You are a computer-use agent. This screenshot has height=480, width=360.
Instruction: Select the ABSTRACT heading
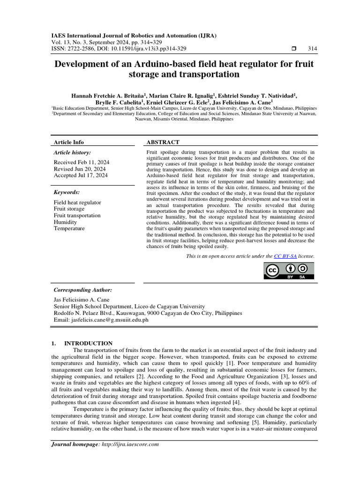point(163,142)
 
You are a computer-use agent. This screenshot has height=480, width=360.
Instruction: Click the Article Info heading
point(69,142)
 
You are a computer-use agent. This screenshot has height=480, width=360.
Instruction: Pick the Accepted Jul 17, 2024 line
point(81,175)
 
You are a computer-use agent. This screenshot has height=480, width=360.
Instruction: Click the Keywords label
point(67,192)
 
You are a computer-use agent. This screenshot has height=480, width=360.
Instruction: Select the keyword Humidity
point(65,222)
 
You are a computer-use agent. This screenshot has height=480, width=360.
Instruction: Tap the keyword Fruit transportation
point(77,216)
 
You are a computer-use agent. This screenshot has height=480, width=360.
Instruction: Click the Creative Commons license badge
point(289,271)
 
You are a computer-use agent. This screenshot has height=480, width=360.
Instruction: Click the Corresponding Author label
point(83,290)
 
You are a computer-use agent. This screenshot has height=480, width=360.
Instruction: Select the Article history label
point(72,153)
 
